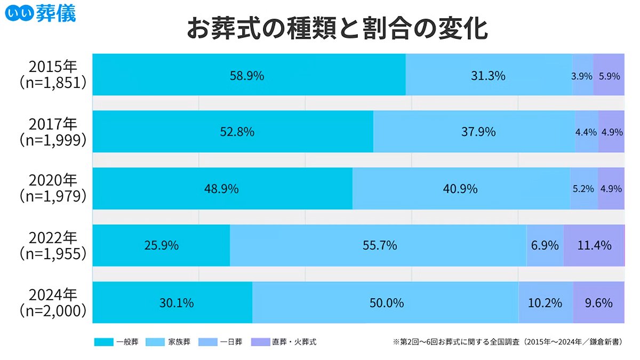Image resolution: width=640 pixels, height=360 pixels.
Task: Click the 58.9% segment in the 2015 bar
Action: point(247,76)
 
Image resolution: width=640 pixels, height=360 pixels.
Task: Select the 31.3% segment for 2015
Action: point(487,76)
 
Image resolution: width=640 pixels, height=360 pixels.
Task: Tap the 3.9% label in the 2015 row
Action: point(582,76)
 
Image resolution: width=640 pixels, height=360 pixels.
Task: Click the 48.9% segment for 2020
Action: point(221,189)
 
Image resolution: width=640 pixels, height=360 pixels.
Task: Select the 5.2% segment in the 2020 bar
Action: point(583,189)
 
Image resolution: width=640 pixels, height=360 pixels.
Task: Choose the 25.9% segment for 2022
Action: point(161,246)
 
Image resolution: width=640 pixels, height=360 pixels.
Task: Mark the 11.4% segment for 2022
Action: point(594,246)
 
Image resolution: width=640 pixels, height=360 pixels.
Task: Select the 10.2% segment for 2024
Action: point(545,303)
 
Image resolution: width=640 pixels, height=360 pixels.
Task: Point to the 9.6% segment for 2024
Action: point(598,303)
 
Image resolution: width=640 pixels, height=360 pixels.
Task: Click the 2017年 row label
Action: point(53,124)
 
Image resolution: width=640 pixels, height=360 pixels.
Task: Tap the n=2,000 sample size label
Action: point(53,311)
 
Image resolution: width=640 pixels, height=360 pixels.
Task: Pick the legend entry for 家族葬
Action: point(168,341)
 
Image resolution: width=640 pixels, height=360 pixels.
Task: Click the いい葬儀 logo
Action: point(39,13)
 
